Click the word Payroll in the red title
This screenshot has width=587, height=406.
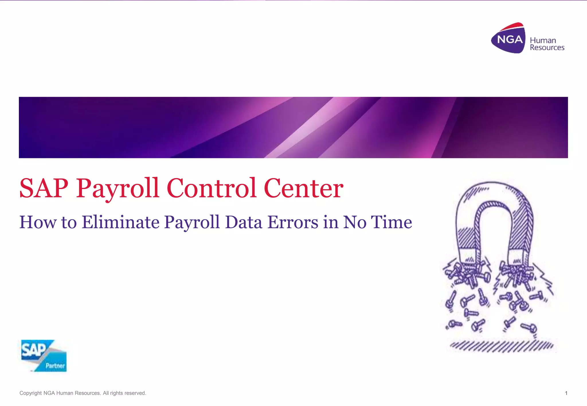click(117, 189)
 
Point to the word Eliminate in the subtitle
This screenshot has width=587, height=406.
click(120, 222)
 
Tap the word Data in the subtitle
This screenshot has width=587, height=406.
click(244, 222)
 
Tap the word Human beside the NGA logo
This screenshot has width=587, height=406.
click(543, 40)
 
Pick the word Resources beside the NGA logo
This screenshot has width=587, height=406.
click(547, 48)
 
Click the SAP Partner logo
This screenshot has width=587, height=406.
click(44, 356)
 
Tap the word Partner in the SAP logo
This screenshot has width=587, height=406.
click(55, 366)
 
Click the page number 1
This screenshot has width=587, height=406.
click(566, 393)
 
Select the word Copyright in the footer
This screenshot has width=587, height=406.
click(30, 393)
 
